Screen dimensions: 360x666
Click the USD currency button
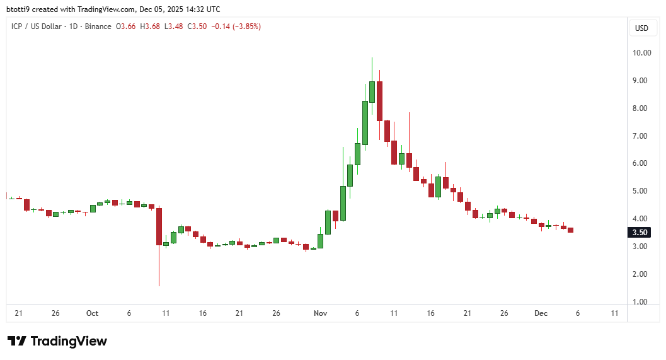pyautogui.click(x=641, y=28)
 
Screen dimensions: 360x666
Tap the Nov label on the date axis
pyautogui.click(x=320, y=313)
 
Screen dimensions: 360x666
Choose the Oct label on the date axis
pyautogui.click(x=93, y=313)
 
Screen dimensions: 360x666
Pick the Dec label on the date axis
pyautogui.click(x=541, y=313)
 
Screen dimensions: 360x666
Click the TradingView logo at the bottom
pyautogui.click(x=57, y=341)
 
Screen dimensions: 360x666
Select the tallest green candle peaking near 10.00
pyautogui.click(x=372, y=91)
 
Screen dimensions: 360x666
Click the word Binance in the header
pyautogui.click(x=99, y=26)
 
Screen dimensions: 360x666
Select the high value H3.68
pyautogui.click(x=150, y=26)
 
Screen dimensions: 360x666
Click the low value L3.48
pyautogui.click(x=174, y=26)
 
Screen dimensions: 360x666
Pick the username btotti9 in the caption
pyautogui.click(x=20, y=9)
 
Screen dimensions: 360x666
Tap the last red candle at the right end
pyautogui.click(x=571, y=230)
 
